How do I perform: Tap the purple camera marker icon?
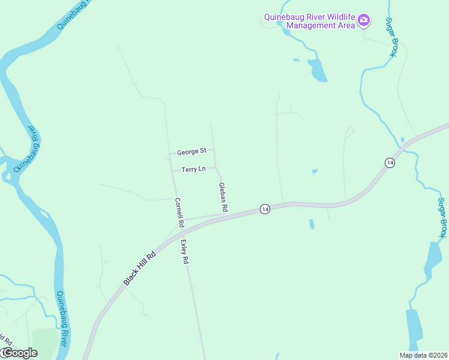click(363, 21)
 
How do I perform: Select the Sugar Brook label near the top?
click(391, 37)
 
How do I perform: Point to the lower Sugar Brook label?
click(442, 217)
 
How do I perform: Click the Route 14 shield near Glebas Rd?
click(264, 209)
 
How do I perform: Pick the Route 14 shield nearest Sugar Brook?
click(390, 163)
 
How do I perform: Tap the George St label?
click(191, 151)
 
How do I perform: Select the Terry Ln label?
click(193, 170)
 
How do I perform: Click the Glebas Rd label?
click(223, 197)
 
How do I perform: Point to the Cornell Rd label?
click(179, 212)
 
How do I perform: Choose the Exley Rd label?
click(185, 252)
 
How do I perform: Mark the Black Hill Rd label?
click(139, 268)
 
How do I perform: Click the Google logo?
click(19, 353)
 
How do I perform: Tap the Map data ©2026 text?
click(423, 355)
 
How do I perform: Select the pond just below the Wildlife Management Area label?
click(318, 70)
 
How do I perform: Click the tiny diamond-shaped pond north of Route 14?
click(315, 172)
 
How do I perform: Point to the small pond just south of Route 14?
click(311, 224)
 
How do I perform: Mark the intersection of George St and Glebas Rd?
click(214, 150)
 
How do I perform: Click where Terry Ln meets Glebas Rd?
click(215, 169)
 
